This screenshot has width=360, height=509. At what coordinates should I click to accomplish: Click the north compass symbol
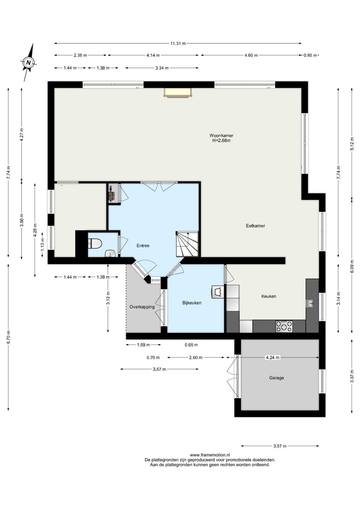(x=29, y=62)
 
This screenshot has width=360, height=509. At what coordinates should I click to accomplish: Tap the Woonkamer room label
(x=221, y=135)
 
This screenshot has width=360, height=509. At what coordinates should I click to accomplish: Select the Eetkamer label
(x=255, y=226)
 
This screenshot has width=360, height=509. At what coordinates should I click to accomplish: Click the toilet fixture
(x=95, y=244)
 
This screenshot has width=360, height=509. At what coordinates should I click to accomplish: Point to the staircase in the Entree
(x=187, y=244)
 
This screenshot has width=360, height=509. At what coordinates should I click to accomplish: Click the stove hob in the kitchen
(x=284, y=327)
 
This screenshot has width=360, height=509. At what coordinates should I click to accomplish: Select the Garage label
(x=276, y=378)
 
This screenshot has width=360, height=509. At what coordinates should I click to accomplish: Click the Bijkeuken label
(x=192, y=303)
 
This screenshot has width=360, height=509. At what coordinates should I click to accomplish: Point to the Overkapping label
(x=142, y=307)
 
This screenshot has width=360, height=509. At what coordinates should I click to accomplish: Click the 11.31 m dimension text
(x=178, y=43)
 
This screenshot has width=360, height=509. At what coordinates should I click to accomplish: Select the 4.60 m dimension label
(x=251, y=55)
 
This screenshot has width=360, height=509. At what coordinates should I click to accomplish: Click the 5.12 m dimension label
(x=352, y=144)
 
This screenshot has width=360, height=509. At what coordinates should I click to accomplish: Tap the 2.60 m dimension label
(x=196, y=357)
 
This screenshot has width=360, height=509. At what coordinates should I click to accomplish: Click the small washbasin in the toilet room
(x=110, y=253)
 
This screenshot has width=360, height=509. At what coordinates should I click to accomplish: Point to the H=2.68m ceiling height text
(x=221, y=140)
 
